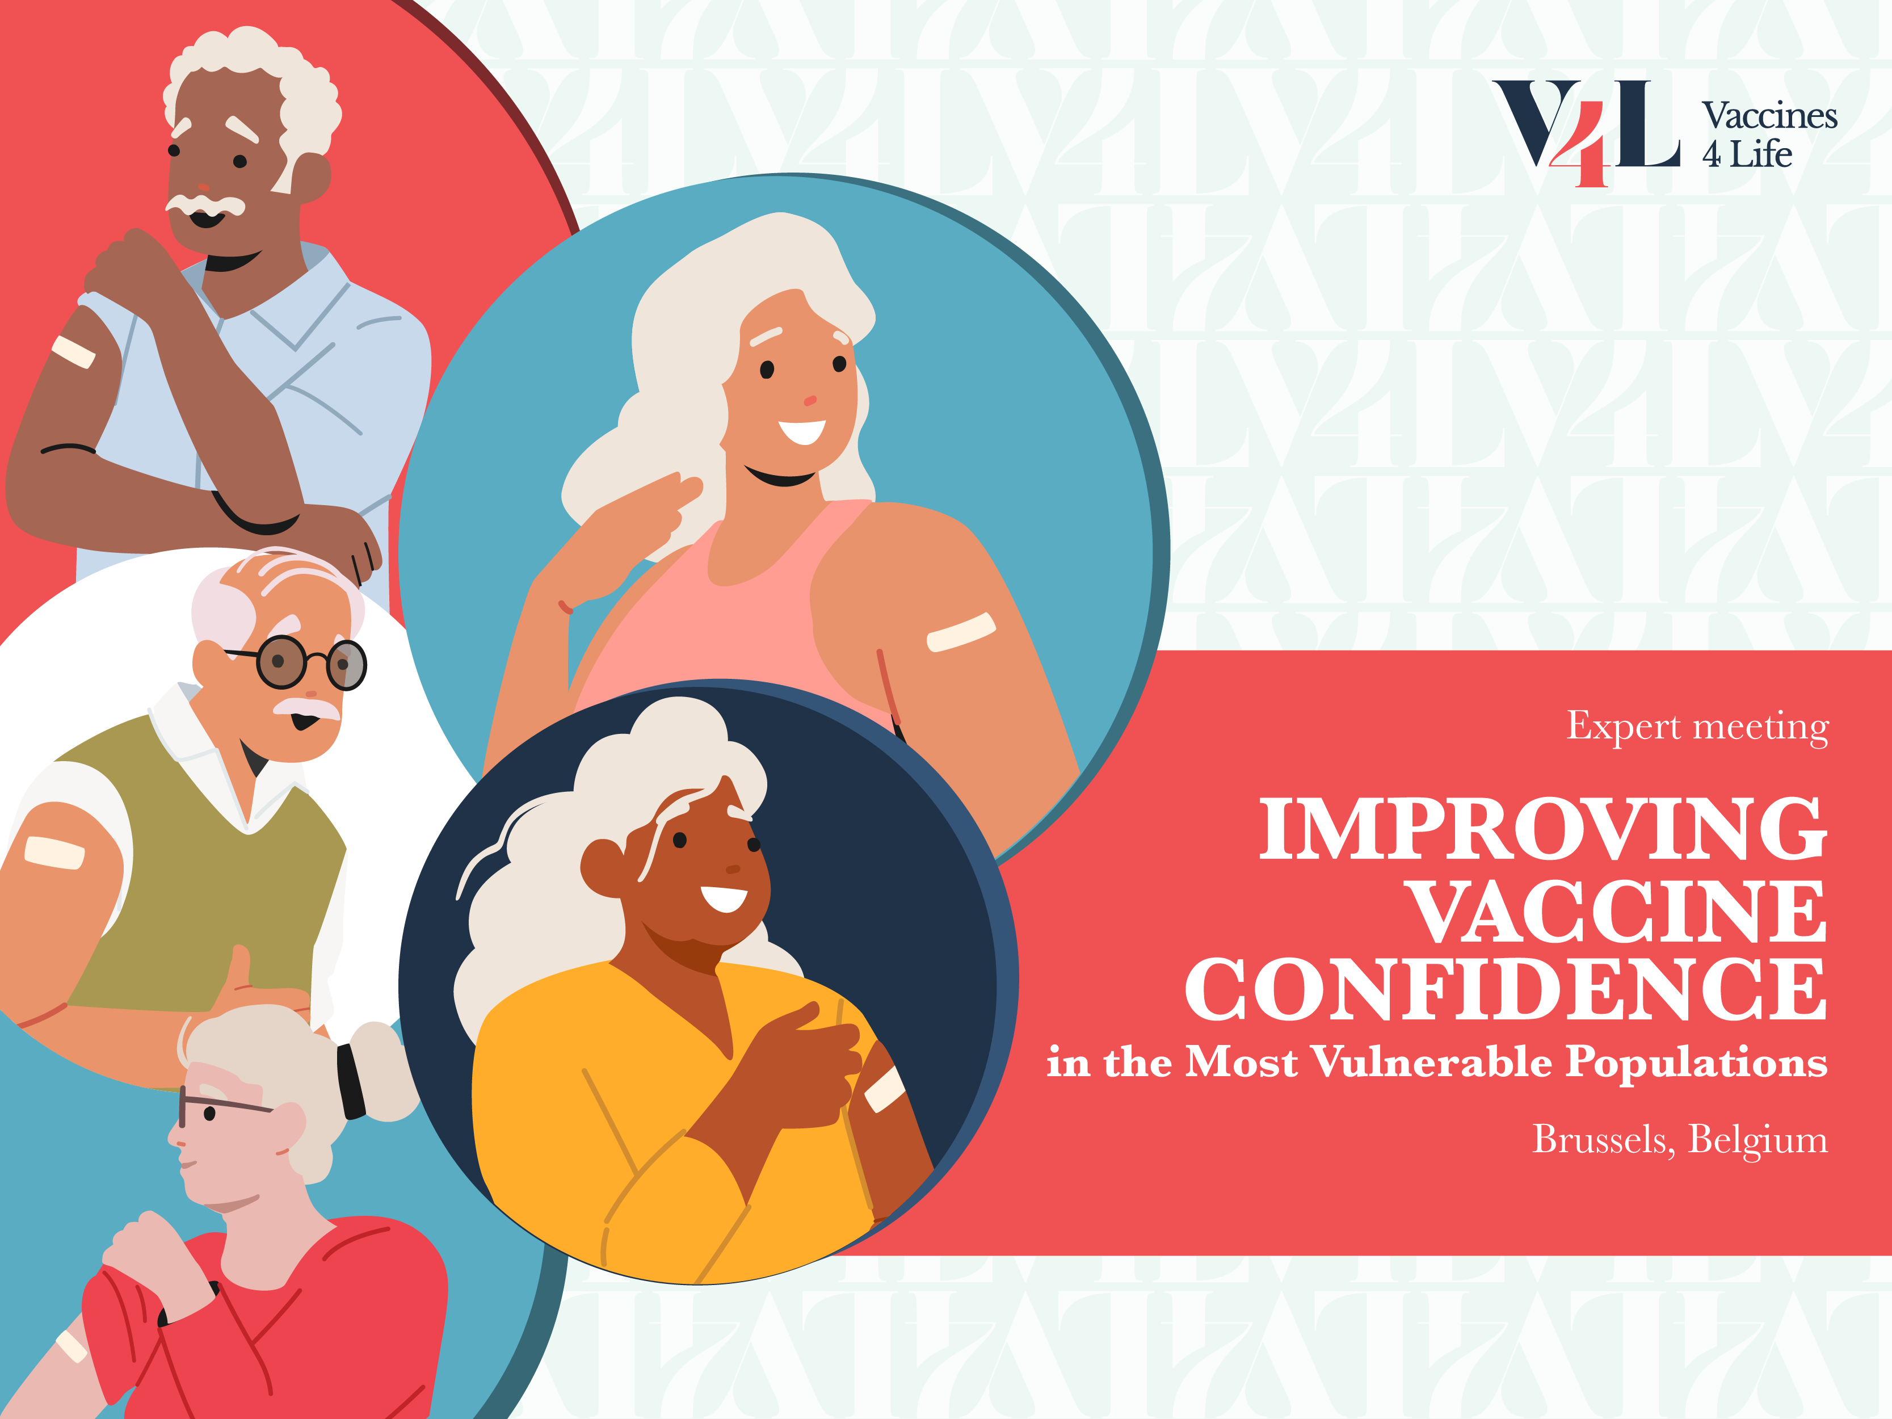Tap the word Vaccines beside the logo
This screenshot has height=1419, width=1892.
point(1769,115)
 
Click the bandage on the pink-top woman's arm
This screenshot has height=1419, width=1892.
point(961,632)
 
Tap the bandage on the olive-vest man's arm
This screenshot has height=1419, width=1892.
point(54,852)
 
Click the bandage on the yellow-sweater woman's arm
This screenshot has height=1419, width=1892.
point(884,1089)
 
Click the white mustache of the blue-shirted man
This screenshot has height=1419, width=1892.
point(205,204)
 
